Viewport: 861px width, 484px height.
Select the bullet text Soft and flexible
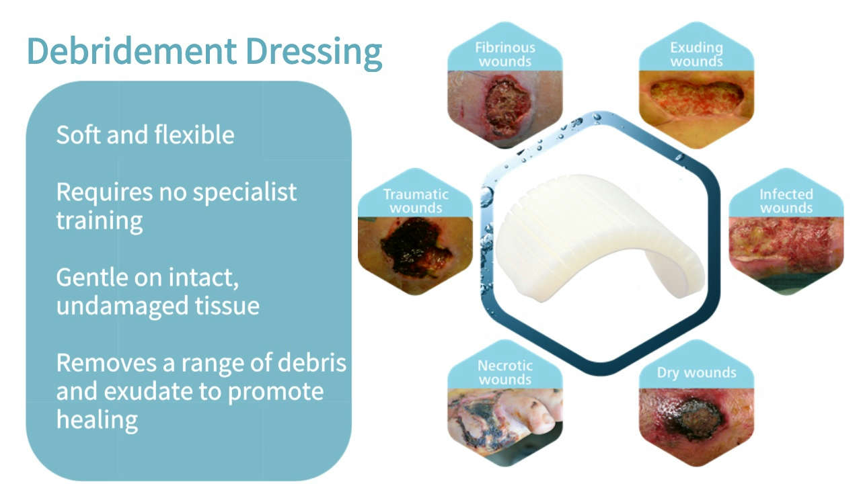pos(145,135)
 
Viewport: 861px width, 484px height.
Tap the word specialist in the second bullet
pos(244,192)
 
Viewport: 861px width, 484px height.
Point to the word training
pos(99,220)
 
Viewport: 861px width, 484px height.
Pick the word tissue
pos(226,306)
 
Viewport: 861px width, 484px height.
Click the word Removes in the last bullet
pos(104,363)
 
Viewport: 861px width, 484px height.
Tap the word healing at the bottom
pos(97,420)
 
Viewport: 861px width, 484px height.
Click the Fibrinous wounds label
pos(504,54)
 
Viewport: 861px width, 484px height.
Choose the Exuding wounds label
pos(696,54)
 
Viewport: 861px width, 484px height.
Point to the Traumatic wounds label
pos(415,201)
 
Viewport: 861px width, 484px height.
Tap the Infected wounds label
pos(786,201)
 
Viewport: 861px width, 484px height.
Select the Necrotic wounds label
pos(504,372)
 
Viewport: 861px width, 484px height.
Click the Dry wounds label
pos(696,372)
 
